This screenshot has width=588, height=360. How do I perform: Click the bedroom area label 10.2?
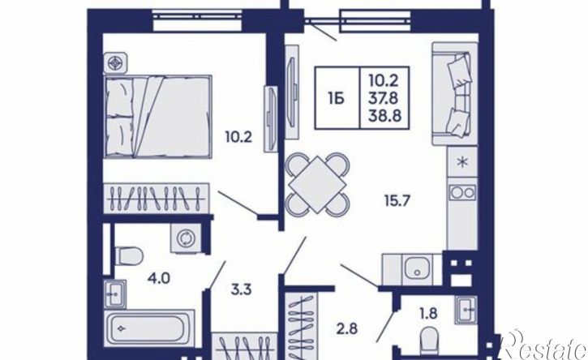[238, 137]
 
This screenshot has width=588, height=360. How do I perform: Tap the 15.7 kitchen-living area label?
[397, 200]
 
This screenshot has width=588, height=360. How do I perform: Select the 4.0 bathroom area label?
[160, 278]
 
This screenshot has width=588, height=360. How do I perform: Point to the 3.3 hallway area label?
[241, 289]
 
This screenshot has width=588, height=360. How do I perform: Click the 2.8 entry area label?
[346, 329]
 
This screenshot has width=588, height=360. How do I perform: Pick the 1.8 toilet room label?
[428, 313]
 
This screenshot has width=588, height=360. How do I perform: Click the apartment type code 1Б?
[337, 99]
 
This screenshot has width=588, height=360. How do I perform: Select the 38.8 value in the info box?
[384, 116]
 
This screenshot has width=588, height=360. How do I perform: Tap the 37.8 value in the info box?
[384, 98]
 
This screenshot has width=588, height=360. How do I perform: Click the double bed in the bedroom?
[158, 117]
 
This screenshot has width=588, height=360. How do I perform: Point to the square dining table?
[317, 185]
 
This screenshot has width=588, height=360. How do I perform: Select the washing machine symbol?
[185, 238]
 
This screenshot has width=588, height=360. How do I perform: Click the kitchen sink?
[417, 269]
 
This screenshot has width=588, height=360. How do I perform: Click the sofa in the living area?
[455, 93]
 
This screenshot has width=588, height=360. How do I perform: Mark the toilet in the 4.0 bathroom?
[128, 255]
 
